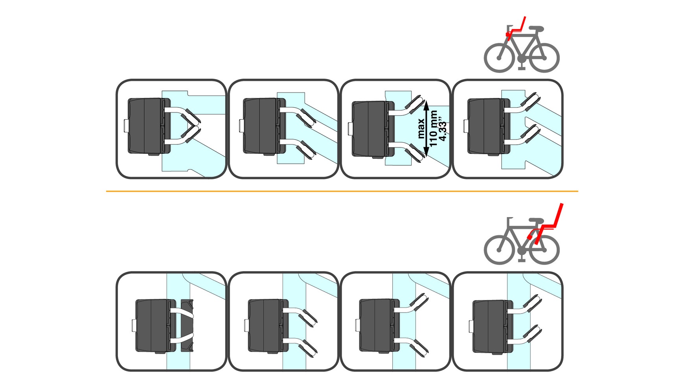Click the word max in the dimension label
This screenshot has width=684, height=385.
point(421,129)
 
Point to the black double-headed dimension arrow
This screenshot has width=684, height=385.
point(427,129)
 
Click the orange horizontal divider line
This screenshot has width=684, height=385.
point(342,192)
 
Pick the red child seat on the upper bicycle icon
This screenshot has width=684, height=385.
point(516,29)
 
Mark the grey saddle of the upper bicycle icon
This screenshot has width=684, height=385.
point(536,29)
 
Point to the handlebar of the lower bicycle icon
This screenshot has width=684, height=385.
point(510,219)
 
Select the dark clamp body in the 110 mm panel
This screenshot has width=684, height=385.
point(372,129)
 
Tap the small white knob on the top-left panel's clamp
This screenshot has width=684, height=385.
point(126,126)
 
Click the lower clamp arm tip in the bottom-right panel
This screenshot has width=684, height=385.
point(532,334)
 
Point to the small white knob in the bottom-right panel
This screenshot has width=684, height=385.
point(471,326)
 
